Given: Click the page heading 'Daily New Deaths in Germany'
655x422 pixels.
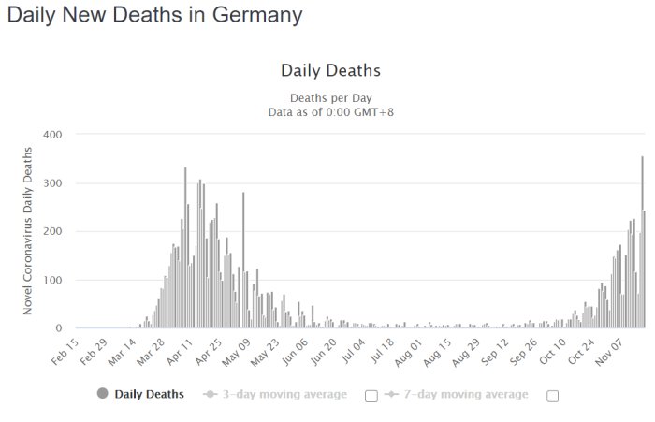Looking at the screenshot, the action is [154, 15].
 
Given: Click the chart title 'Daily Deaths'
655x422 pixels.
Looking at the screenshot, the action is [330, 70].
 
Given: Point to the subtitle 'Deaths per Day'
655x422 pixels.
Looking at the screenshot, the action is [331, 97].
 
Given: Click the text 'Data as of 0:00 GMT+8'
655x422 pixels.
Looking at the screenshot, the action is [331, 112].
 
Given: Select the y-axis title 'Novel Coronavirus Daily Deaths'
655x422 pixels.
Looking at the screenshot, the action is [27, 230].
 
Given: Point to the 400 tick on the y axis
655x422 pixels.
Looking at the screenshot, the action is [52, 135].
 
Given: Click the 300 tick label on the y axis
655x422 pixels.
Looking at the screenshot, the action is [52, 183].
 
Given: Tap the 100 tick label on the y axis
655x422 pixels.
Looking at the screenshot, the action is [52, 280].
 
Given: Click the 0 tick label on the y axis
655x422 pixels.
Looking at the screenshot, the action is [58, 328].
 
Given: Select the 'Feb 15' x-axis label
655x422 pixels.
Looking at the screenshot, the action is [65, 352].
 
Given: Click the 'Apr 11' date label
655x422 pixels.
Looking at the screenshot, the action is [180, 352].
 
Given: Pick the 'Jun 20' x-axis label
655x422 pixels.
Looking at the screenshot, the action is [324, 352].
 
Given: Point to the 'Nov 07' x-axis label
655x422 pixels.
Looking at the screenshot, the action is [609, 352].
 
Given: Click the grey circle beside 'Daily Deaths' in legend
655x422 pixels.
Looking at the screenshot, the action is [102, 393].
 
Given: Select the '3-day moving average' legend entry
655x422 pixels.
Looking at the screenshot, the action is [275, 394].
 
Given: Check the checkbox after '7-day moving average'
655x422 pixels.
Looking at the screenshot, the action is [553, 396].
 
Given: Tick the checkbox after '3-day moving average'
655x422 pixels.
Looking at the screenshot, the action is [371, 396].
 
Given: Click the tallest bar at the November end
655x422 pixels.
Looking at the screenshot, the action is [643, 242].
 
